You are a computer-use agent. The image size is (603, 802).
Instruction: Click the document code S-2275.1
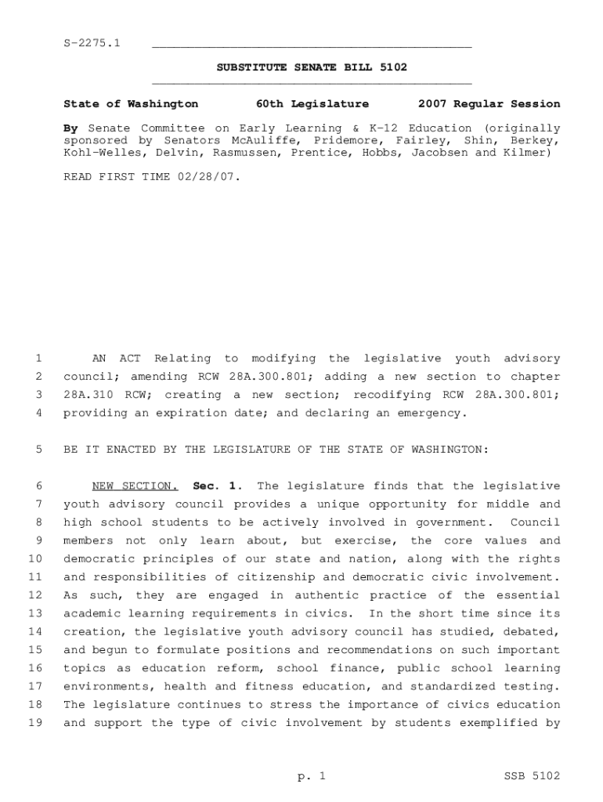pos(92,42)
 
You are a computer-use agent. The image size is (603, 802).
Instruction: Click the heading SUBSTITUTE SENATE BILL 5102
pos(312,67)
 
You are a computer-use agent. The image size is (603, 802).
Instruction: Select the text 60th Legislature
pos(312,103)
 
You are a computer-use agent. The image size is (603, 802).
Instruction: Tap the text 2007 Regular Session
pos(489,103)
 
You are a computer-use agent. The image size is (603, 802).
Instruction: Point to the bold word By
pos(71,128)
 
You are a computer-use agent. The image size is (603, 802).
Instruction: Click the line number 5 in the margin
pos(38,450)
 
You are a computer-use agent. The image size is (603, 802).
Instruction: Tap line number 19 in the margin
pos(35,723)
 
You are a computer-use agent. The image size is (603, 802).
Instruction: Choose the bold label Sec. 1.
pos(213,486)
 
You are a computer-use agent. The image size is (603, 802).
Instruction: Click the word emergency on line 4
pos(431,414)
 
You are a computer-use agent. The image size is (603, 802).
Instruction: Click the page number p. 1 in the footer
pos(311,776)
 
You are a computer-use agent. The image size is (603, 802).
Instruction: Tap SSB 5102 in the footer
pos(532,776)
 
